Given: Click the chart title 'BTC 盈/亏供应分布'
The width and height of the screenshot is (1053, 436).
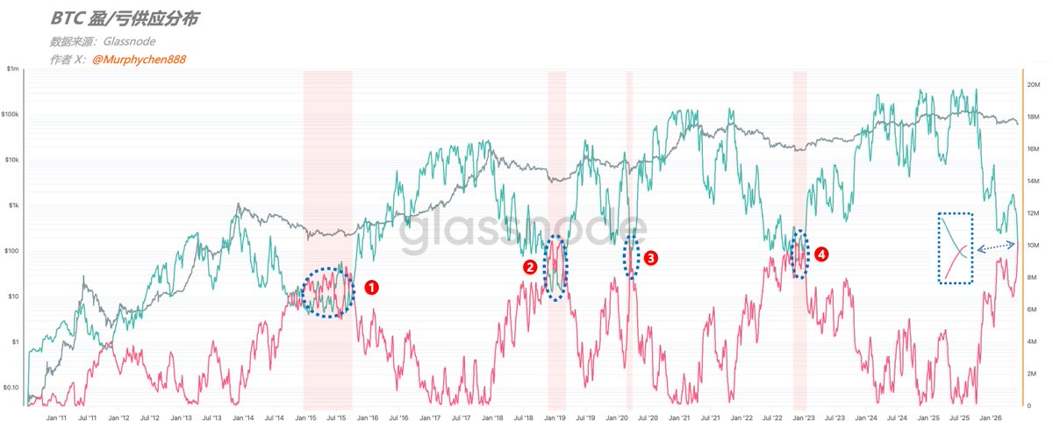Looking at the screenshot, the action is tap(125, 18).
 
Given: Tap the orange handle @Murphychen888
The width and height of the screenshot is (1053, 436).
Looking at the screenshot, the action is tap(140, 60).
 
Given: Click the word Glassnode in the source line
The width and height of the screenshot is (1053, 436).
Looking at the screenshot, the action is tap(129, 41).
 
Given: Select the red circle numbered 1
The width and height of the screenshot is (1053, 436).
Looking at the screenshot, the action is tap(371, 288).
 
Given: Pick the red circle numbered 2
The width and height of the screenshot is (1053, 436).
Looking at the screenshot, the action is tap(530, 268).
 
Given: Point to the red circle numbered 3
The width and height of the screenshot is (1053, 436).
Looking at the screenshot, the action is tap(650, 258).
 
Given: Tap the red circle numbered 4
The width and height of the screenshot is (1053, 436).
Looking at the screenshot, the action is tap(820, 254).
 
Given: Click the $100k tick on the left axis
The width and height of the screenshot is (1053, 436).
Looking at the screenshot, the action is tap(10, 114).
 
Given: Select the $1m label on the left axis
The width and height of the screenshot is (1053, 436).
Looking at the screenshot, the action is tap(12, 68).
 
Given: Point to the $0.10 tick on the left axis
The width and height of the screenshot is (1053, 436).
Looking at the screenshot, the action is tap(11, 388).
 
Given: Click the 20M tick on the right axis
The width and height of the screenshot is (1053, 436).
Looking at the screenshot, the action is tap(1034, 84).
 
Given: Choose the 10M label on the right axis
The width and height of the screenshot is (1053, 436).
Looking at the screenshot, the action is tap(1033, 246).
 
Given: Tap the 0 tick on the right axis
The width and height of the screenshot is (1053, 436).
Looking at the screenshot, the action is tap(1029, 406).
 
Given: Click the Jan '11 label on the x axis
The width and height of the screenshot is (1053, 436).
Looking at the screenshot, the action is tap(56, 418).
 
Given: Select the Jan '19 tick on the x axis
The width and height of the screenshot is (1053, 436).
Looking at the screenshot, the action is tap(555, 418).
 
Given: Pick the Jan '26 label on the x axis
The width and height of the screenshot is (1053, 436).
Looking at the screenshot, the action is tap(991, 418).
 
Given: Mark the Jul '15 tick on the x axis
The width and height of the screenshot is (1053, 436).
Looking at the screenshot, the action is tap(336, 418).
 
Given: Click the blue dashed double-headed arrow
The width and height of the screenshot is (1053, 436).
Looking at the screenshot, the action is tap(996, 247).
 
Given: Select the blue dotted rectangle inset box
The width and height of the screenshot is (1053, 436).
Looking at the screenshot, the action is tap(938, 248).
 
